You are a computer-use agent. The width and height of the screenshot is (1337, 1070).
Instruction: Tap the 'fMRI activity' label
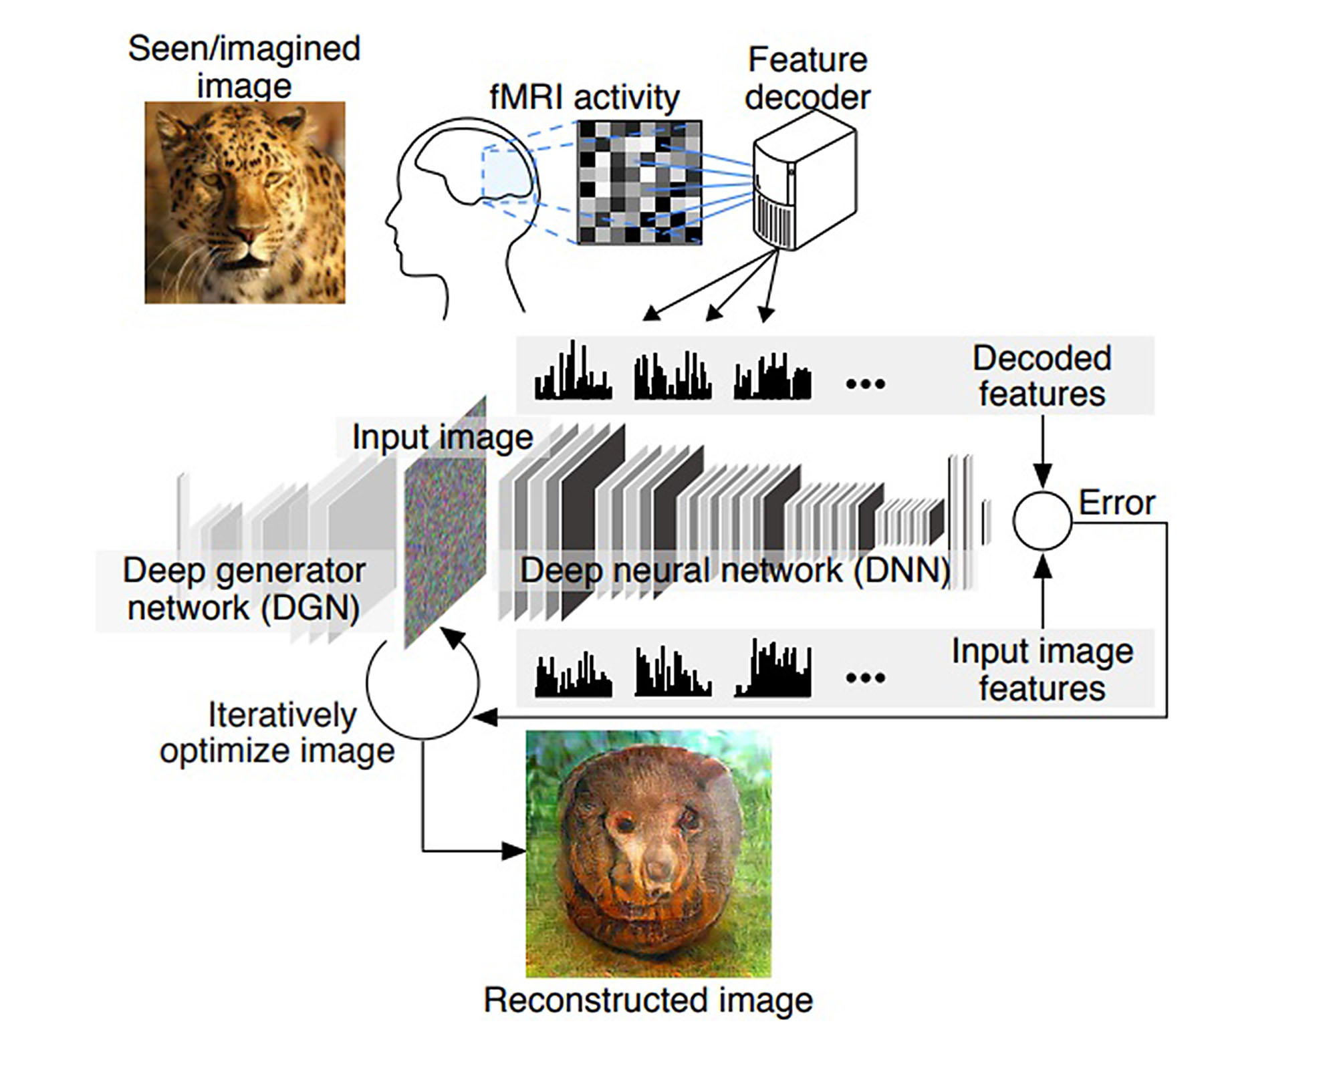[584, 98]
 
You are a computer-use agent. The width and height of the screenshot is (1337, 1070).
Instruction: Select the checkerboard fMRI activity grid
[640, 182]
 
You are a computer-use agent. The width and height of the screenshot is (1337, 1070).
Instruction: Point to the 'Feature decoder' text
[808, 78]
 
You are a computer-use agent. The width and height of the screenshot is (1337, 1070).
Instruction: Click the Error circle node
[1042, 521]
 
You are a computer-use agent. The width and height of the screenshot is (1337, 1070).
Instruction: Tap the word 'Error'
[1117, 503]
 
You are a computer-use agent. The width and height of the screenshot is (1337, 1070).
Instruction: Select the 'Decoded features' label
[1042, 376]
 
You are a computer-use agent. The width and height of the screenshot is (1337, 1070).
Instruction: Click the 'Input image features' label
[1043, 670]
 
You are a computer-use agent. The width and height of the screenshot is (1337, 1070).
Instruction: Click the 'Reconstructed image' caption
[648, 1000]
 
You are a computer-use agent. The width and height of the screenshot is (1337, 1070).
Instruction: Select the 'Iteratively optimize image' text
[277, 732]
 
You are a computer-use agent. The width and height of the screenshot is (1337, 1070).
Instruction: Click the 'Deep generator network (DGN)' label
[244, 589]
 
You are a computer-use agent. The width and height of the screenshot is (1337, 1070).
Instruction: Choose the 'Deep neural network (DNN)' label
[735, 570]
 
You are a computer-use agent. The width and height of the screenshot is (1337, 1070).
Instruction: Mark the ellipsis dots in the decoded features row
[866, 384]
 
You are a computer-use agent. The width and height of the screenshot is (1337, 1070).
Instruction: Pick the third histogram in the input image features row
[773, 668]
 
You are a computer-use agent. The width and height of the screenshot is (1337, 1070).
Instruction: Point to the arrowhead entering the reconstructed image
[514, 851]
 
